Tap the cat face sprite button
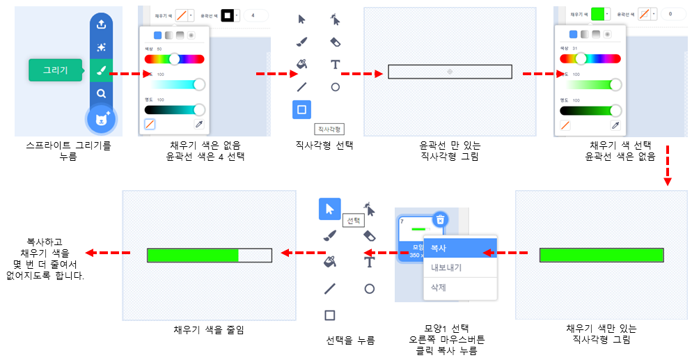tap(102, 120)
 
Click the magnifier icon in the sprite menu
tap(102, 93)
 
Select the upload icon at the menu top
tap(102, 24)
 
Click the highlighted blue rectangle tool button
tap(301, 109)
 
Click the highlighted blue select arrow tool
tap(329, 208)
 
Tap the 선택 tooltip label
tap(354, 220)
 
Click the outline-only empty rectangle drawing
tap(450, 71)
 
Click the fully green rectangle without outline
tap(601, 255)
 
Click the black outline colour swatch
tap(227, 15)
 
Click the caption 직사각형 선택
tap(325, 146)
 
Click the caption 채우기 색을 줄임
tap(208, 329)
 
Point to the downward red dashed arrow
tap(666, 164)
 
